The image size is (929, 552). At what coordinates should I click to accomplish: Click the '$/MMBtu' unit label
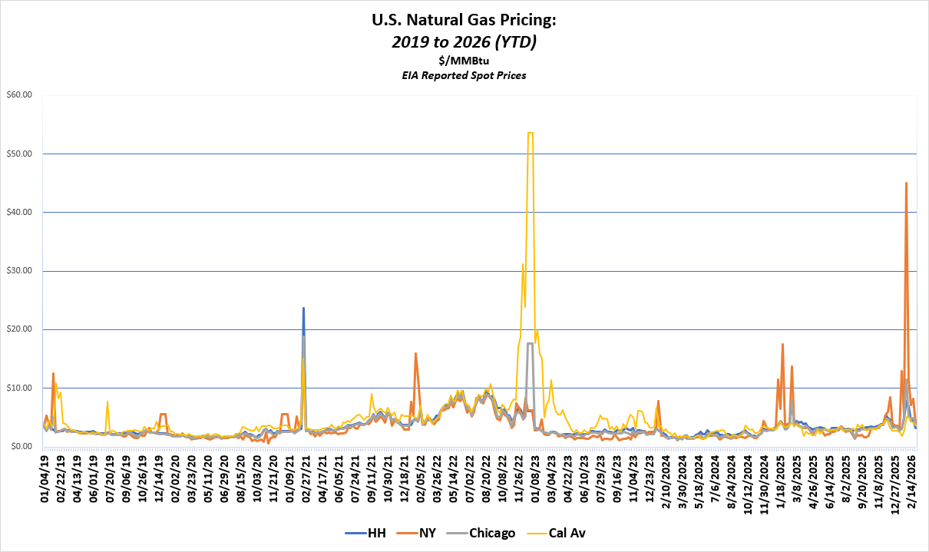click(464, 61)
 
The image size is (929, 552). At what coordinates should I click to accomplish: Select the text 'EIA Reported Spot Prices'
click(464, 76)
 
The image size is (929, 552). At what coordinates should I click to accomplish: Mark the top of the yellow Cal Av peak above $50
click(531, 133)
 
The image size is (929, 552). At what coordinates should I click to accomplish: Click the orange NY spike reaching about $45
click(907, 183)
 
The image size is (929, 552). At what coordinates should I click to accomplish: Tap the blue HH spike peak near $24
click(303, 308)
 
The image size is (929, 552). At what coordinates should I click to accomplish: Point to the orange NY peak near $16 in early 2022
click(415, 353)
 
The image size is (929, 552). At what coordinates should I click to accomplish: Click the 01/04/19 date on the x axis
click(45, 476)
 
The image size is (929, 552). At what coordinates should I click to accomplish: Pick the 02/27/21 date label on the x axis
click(306, 476)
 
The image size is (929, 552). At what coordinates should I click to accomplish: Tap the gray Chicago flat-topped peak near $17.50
click(531, 343)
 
